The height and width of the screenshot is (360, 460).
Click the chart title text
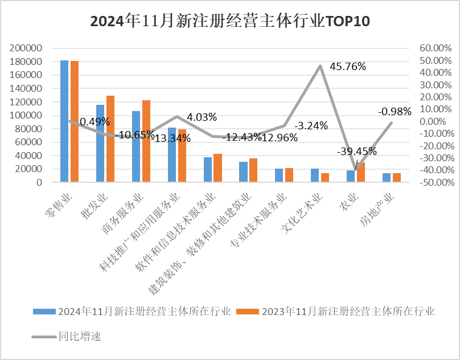click(x=230, y=22)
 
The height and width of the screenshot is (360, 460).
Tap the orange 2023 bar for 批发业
click(x=110, y=139)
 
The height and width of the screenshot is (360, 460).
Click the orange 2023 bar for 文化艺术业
click(x=325, y=178)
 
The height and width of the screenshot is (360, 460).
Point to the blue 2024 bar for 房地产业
click(x=387, y=178)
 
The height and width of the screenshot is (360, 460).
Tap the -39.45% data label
click(x=357, y=152)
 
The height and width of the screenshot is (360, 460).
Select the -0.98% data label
click(x=395, y=112)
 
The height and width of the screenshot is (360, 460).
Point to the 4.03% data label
click(x=202, y=117)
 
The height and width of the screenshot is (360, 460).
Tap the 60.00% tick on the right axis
click(x=435, y=48)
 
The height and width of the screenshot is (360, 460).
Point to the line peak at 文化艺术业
click(x=320, y=66)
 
